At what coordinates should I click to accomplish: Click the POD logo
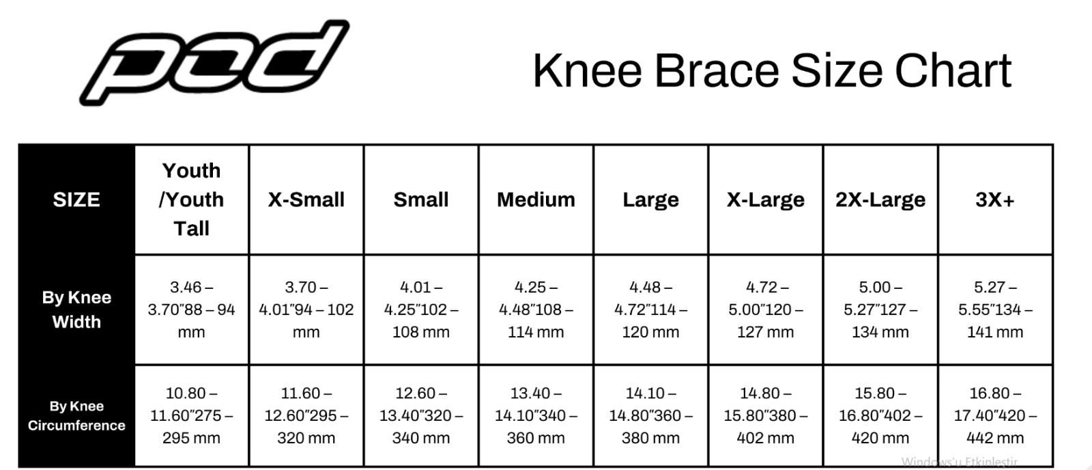[214, 62]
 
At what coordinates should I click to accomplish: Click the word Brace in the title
[717, 71]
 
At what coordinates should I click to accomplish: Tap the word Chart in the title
[953, 71]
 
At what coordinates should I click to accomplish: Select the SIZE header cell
[76, 199]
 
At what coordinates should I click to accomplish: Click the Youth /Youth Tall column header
[192, 199]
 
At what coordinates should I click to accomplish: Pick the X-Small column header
[306, 199]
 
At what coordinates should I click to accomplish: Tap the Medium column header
[536, 199]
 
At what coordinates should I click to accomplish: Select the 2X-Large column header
[880, 199]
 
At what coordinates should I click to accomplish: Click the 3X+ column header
[995, 199]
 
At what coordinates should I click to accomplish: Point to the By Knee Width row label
[76, 309]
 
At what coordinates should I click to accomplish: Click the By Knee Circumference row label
[76, 415]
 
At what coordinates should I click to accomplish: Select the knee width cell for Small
[421, 309]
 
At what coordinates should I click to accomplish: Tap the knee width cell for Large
[651, 309]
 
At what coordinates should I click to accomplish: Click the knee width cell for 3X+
[995, 309]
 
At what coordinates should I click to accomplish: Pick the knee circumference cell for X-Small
[306, 415]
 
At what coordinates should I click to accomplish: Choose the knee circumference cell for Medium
[536, 415]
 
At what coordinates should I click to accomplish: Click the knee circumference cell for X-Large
[765, 415]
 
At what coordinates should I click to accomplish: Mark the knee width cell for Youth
[192, 309]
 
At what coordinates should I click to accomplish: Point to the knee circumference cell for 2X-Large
[880, 415]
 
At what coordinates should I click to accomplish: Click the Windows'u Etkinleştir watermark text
[960, 462]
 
